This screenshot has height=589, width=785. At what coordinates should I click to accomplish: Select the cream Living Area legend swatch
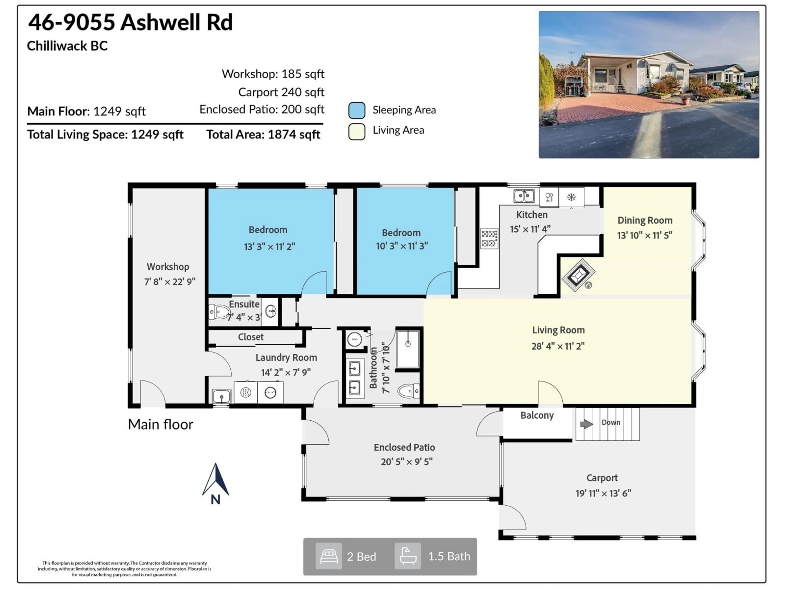357,131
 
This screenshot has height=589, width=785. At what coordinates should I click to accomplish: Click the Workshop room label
168,267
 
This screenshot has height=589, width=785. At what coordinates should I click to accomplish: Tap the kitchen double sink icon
524,196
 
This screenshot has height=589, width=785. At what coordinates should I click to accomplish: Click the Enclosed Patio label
404,447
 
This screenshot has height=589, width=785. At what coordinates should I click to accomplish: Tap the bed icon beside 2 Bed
329,556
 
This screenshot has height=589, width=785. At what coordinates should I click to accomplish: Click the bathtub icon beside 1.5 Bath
408,556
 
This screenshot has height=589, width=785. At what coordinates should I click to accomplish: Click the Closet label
251,337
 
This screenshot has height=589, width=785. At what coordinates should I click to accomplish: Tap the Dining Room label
645,220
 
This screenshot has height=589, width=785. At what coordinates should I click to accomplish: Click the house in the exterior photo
635,73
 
